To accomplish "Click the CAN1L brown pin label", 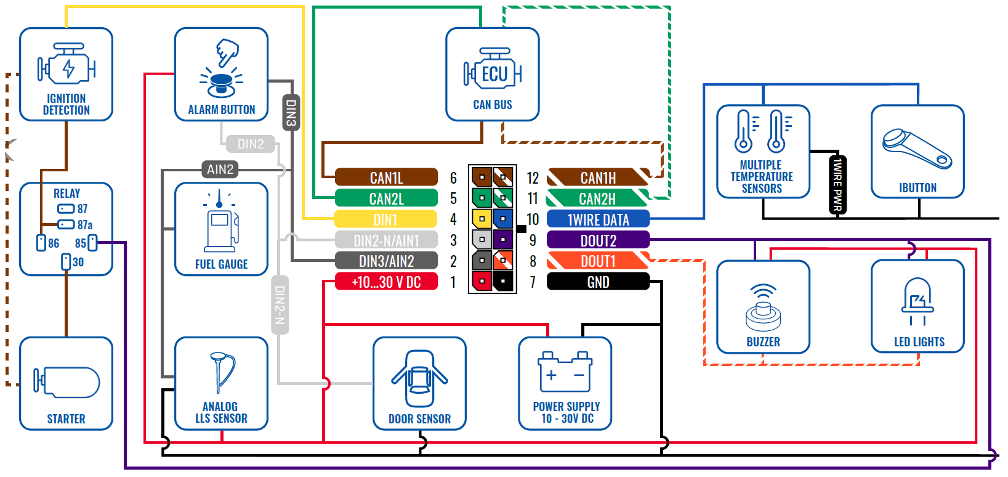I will point(386,177).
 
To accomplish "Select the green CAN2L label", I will point(386,198).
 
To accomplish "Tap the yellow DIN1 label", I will point(385,219).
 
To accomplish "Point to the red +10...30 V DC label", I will point(386,282).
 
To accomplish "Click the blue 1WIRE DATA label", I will point(598,219).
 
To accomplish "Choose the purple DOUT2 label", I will point(598,240).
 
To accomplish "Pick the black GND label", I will point(598,282).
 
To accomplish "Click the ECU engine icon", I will point(493,73).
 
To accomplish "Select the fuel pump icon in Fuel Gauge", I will point(221,224).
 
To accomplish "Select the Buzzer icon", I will point(763,308).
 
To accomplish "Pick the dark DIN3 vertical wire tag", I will point(291,112).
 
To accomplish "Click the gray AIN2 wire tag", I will point(220,169).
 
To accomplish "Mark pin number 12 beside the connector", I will point(533,178).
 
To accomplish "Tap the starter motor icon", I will point(67,381).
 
